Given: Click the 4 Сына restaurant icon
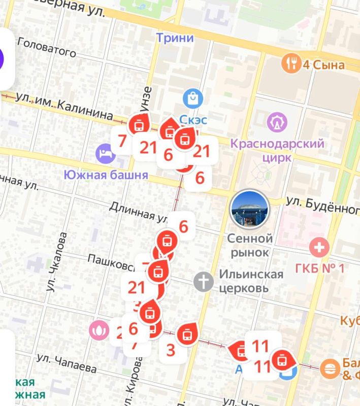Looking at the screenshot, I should click(x=291, y=64).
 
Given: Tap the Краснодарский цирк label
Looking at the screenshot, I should click(x=277, y=150).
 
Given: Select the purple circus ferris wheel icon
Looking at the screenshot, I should click(x=277, y=122).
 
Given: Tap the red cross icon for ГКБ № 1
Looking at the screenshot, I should click(x=319, y=248).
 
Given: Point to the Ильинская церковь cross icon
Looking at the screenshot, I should click(x=204, y=281).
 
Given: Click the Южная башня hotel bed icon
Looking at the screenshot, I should click(x=106, y=153).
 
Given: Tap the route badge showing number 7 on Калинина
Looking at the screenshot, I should click(x=122, y=141).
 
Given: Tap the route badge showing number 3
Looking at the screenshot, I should click(x=171, y=350).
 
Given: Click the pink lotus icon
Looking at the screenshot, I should click(x=100, y=330).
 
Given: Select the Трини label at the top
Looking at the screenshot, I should click(x=175, y=38).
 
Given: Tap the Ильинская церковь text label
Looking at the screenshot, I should click(x=251, y=281).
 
